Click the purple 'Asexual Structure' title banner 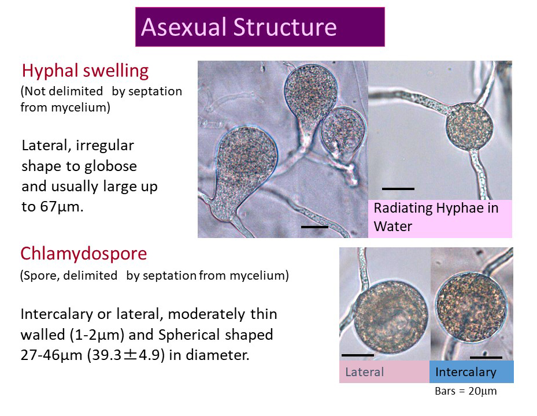pyautogui.click(x=260, y=27)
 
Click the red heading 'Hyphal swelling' pyautogui.click(x=85, y=71)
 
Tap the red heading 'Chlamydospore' pyautogui.click(x=84, y=254)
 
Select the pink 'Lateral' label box pyautogui.click(x=384, y=372)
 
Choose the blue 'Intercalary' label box pyautogui.click(x=472, y=372)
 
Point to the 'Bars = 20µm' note pyautogui.click(x=465, y=391)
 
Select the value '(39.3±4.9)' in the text pyautogui.click(x=125, y=355)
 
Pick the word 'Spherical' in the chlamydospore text pyautogui.click(x=183, y=335)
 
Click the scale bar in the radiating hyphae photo pyautogui.click(x=398, y=189)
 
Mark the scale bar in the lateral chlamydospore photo pyautogui.click(x=358, y=355)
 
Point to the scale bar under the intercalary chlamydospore pyautogui.click(x=486, y=357)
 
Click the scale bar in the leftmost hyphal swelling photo pyautogui.click(x=314, y=226)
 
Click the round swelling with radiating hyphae pyautogui.click(x=469, y=127)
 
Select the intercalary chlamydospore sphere pyautogui.click(x=471, y=307)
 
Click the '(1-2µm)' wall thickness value pyautogui.click(x=97, y=335)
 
